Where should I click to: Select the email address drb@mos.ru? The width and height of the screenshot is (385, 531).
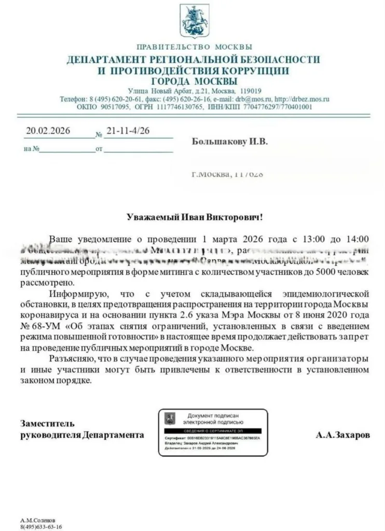point(254,99)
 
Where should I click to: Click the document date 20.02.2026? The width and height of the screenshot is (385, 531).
point(48,131)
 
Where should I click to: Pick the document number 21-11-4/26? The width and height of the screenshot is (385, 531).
point(127,131)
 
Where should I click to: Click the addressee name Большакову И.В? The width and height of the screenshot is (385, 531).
point(230,142)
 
